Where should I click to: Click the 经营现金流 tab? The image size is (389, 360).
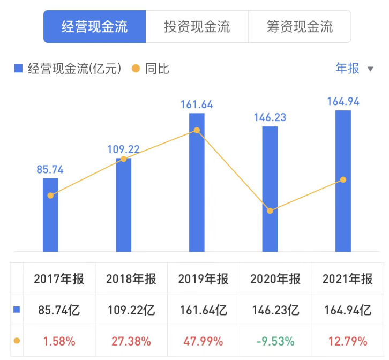94,27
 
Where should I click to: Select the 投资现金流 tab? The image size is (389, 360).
197,27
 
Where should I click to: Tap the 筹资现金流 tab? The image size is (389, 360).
300,27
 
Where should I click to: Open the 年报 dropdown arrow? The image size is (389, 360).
370,69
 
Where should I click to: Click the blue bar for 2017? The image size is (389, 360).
50,220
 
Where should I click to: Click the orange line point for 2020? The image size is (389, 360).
270,211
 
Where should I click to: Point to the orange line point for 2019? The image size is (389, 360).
197,130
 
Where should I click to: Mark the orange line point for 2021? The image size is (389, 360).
343,179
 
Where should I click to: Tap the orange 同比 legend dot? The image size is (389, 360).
136,69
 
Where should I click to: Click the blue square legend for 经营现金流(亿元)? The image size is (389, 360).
18,69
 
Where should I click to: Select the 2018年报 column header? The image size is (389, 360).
131,279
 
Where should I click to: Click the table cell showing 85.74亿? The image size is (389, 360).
59,310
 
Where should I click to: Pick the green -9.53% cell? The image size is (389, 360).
275,341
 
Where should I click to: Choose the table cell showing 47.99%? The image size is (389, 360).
203,341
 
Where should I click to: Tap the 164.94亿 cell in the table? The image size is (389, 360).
347,310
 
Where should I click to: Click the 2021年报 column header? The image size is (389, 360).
347,279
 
